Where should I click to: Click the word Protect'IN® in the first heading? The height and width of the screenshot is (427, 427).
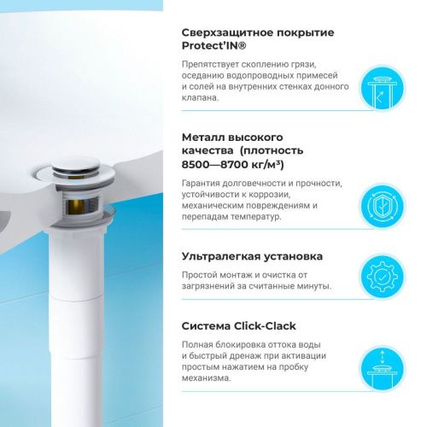click(x=213, y=46)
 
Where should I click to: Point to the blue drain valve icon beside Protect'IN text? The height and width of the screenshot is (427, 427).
click(x=383, y=87)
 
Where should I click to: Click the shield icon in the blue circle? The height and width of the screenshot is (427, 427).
click(x=383, y=206)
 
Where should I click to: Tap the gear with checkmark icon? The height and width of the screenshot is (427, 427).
click(x=383, y=277)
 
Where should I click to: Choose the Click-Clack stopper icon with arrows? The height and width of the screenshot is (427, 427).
click(x=383, y=369)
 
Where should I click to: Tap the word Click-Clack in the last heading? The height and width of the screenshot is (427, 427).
click(x=265, y=326)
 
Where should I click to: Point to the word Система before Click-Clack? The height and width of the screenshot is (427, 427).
click(x=206, y=326)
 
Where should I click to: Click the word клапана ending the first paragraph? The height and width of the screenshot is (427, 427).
click(x=201, y=98)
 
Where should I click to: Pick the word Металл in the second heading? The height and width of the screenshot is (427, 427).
click(x=204, y=137)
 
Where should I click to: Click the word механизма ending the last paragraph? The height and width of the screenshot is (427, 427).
click(x=206, y=378)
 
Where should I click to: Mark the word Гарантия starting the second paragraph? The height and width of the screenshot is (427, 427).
click(x=200, y=184)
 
